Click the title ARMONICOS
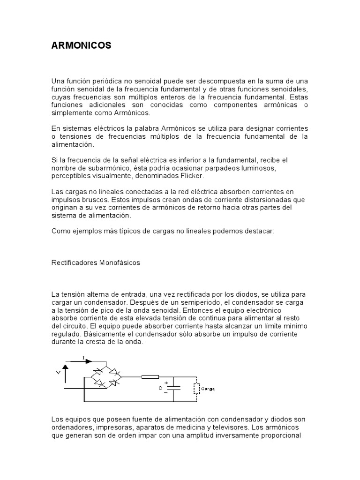[81, 45]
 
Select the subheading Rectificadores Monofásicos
[96, 263]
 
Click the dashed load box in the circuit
[195, 389]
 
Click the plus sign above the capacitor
[166, 383]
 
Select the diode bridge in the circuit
[106, 376]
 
